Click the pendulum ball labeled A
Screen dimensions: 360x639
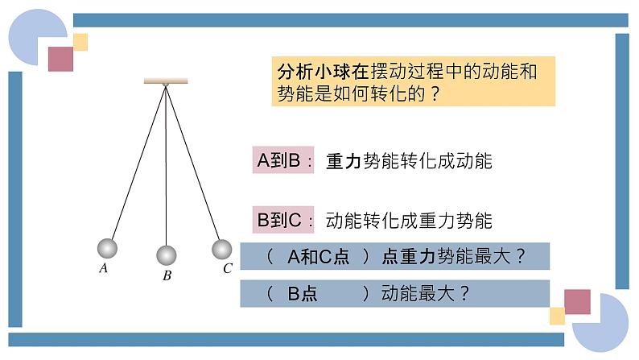(107, 248)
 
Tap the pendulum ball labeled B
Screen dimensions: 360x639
(166, 255)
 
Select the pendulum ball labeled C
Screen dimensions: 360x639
(221, 249)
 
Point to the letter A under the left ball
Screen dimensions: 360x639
(104, 269)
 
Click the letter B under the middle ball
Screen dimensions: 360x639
(167, 275)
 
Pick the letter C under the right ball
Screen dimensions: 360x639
(227, 269)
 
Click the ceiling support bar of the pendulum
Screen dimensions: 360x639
(166, 81)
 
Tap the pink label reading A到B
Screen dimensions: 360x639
(278, 161)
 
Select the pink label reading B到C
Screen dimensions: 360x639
(278, 219)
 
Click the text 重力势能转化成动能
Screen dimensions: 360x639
(409, 161)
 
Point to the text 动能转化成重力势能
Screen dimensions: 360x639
(409, 220)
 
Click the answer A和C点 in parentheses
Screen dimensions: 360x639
(319, 257)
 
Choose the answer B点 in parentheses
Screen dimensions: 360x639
(303, 294)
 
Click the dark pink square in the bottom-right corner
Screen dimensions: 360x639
(577, 301)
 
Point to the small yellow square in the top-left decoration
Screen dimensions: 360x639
(80, 42)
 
